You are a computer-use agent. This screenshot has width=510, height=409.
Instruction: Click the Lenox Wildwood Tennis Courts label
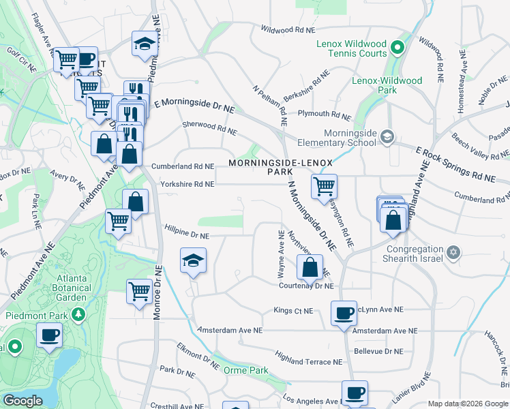click(x=351, y=49)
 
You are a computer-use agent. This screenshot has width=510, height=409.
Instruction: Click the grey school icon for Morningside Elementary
click(x=387, y=136)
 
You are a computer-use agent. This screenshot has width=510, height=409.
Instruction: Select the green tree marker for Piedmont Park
click(x=78, y=315)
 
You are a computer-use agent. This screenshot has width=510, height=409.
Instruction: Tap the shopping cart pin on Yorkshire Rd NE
click(x=324, y=185)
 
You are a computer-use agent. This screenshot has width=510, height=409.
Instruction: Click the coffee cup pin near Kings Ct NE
click(x=344, y=314)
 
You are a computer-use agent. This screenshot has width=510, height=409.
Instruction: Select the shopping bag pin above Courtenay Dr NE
click(x=310, y=266)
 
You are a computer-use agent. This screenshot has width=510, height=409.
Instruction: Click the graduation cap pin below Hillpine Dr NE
click(x=193, y=260)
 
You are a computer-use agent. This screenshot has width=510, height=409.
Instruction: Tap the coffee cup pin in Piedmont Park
click(x=49, y=335)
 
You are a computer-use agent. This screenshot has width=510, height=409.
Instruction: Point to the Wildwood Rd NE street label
click(x=289, y=30)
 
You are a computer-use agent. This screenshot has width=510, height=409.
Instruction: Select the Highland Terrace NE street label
click(x=308, y=357)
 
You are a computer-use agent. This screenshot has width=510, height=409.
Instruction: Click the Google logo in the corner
click(x=22, y=402)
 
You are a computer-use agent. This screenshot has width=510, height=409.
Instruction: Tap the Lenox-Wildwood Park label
click(x=387, y=85)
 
